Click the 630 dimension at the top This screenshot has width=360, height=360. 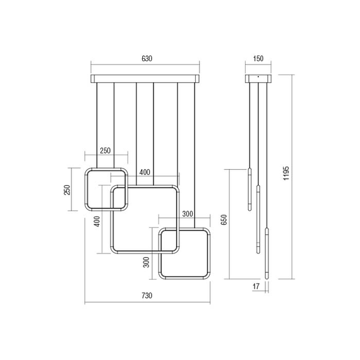pyautogui.click(x=147, y=59)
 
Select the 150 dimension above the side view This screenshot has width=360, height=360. pyautogui.click(x=258, y=59)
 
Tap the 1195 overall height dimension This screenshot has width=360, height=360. pyautogui.click(x=286, y=173)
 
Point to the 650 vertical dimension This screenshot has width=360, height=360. pyautogui.click(x=224, y=220)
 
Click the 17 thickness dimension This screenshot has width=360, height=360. pyautogui.click(x=256, y=286)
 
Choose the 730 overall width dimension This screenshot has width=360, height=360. pyautogui.click(x=147, y=296)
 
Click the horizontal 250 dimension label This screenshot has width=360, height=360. pyautogui.click(x=105, y=150)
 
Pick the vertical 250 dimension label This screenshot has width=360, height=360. pyautogui.click(x=67, y=190)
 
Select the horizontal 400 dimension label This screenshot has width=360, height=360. pyautogui.click(x=145, y=172)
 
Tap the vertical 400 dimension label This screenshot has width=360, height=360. pyautogui.click(x=97, y=221)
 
